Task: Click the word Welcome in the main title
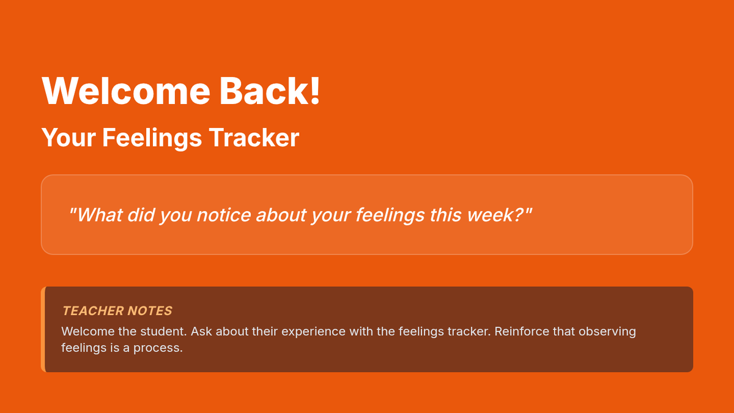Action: [x=126, y=91]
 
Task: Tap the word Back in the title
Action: [x=263, y=91]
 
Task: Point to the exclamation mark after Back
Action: [x=315, y=91]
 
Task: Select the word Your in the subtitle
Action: [x=69, y=138]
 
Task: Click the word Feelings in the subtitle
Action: [x=152, y=138]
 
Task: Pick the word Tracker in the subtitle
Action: [x=254, y=137]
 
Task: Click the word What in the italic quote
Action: [x=100, y=215]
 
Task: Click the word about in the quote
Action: [x=281, y=215]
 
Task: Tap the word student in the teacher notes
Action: [x=163, y=332]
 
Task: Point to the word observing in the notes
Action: [x=607, y=332]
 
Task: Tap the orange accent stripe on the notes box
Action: [x=43, y=329]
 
